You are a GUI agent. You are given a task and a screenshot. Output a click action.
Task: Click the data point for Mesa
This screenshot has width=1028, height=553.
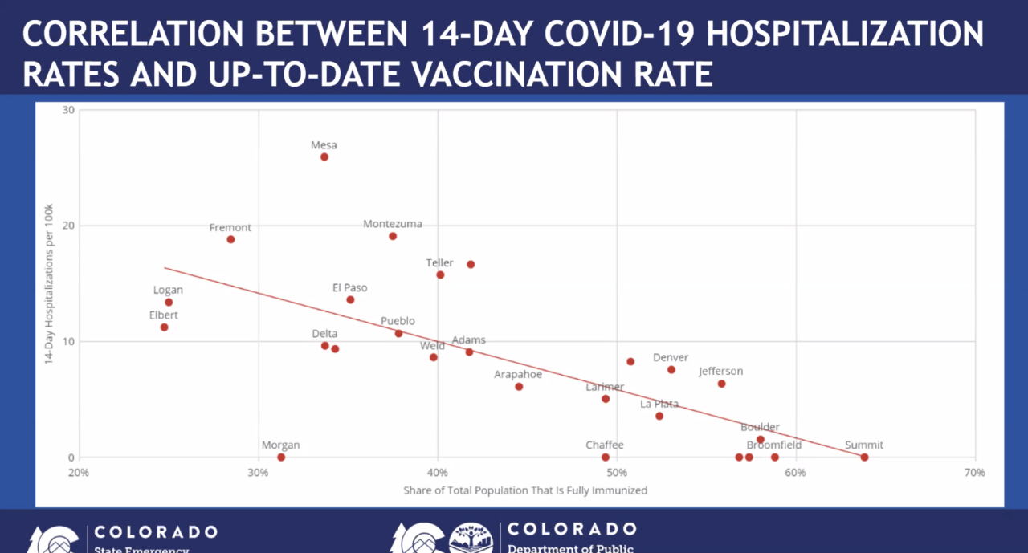click(x=324, y=157)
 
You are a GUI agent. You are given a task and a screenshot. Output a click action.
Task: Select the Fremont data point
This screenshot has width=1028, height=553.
click(x=230, y=239)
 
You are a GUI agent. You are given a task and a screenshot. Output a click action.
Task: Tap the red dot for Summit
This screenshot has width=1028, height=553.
click(x=864, y=457)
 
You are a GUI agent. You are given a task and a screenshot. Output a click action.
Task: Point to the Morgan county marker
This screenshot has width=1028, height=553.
click(x=281, y=457)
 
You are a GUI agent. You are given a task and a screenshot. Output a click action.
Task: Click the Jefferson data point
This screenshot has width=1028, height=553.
click(x=721, y=384)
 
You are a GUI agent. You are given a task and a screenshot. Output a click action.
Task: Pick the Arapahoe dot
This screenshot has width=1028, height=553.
click(x=519, y=387)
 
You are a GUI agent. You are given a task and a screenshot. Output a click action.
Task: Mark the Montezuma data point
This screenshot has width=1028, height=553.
click(x=393, y=236)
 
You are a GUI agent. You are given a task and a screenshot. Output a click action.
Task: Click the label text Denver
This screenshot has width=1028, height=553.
click(x=671, y=358)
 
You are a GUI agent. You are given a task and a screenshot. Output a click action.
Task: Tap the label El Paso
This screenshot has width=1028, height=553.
click(x=350, y=288)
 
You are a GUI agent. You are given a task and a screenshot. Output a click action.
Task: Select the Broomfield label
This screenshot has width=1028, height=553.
click(x=773, y=445)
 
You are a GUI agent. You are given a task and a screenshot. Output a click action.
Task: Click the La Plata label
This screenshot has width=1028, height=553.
click(x=659, y=404)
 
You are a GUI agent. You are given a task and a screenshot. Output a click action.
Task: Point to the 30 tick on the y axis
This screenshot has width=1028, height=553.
click(x=69, y=110)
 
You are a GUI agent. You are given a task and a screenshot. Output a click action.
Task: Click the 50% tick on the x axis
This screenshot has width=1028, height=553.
click(x=617, y=473)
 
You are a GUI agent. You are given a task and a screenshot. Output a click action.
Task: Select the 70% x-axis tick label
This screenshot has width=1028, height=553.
click(x=974, y=473)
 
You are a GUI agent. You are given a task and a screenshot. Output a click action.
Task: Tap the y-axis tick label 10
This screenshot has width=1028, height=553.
click(x=69, y=341)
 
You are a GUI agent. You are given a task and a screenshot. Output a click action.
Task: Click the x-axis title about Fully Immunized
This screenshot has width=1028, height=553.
click(x=525, y=490)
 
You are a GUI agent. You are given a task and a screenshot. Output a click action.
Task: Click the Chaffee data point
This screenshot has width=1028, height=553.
click(x=606, y=457)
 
